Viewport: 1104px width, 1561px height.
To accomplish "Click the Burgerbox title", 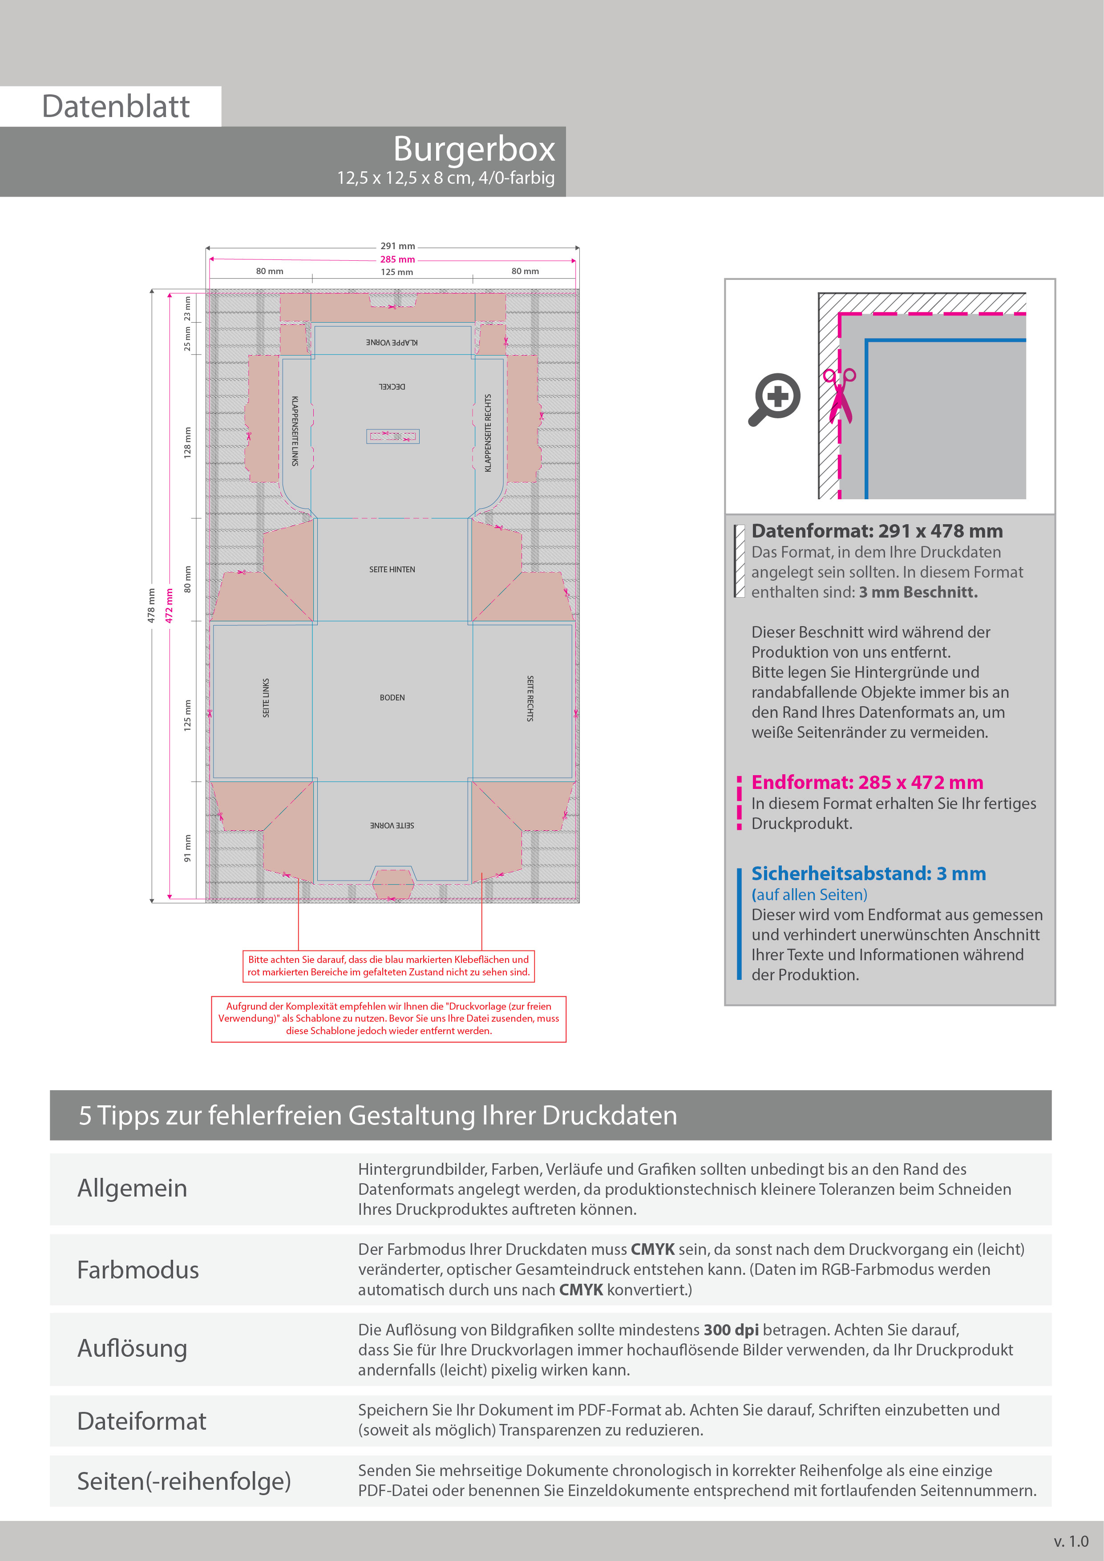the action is click(x=474, y=149).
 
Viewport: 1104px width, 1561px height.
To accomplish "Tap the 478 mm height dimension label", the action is click(x=151, y=605).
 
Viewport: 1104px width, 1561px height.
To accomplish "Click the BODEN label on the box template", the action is click(x=392, y=698).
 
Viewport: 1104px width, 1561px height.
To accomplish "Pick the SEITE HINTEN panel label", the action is click(x=392, y=569).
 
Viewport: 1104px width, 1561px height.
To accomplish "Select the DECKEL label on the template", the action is click(x=392, y=386).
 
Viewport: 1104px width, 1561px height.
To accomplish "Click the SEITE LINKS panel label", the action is click(x=266, y=698).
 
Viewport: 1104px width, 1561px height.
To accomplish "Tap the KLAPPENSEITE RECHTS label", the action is click(x=487, y=433).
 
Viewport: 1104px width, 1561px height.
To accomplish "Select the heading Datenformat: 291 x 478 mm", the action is click(x=877, y=531).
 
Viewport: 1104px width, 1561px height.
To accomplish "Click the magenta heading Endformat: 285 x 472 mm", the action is click(x=867, y=783).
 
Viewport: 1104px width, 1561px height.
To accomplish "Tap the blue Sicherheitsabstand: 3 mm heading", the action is click(x=869, y=874).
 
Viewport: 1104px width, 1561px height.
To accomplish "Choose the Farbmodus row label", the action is click(x=138, y=1270).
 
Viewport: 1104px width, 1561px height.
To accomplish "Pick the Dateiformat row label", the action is click(x=142, y=1421).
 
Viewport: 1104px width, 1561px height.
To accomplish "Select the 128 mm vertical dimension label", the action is click(x=188, y=443).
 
